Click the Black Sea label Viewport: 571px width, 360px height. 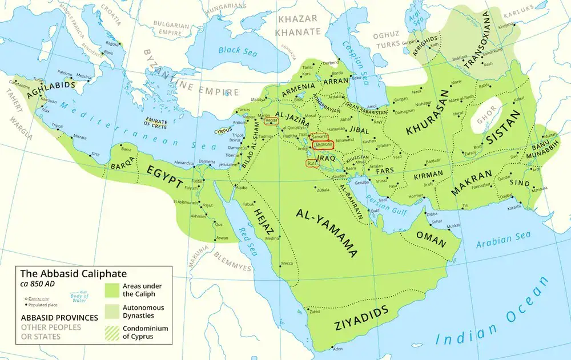point(236,50)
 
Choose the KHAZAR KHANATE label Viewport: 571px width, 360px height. point(297,26)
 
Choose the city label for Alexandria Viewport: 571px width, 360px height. point(183,161)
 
